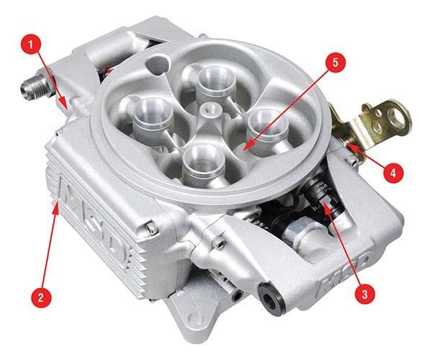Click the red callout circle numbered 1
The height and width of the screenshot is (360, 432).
tap(31, 45)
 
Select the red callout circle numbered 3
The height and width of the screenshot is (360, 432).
tap(364, 294)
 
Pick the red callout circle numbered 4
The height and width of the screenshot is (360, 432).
tap(393, 173)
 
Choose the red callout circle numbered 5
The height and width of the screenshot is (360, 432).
tap(335, 62)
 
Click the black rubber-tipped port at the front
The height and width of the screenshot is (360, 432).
tap(271, 298)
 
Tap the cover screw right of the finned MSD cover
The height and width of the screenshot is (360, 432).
tap(151, 228)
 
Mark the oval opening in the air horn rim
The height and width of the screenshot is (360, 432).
tap(157, 65)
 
